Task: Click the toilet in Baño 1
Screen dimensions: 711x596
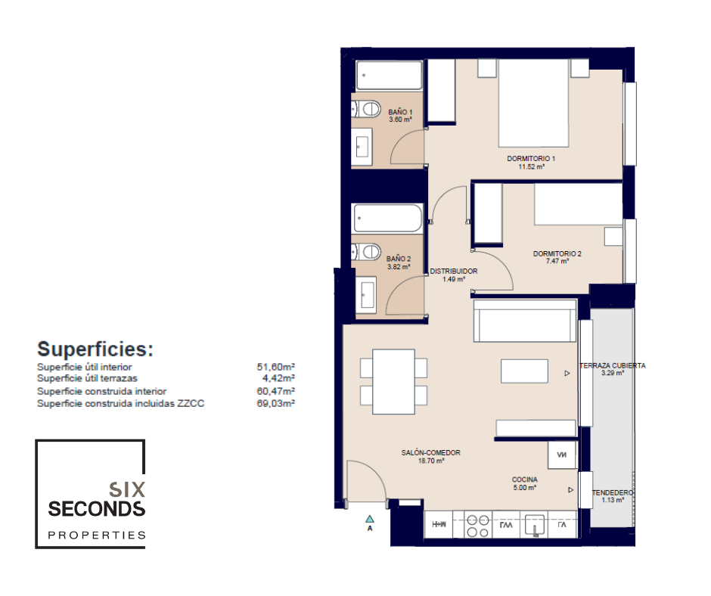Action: point(367,109)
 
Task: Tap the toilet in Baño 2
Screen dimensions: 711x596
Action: point(367,251)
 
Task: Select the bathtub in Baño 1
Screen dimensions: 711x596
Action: point(389,76)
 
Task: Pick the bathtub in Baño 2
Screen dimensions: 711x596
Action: point(388,219)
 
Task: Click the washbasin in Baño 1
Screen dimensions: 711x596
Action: point(362,146)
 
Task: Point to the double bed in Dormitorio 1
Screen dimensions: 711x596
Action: point(533,104)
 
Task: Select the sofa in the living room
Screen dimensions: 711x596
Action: point(525,320)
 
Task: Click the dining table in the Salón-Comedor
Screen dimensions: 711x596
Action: point(393,381)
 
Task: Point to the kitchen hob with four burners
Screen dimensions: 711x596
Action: point(478,525)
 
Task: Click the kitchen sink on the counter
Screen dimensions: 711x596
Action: point(535,525)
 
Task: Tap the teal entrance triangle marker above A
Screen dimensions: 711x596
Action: point(370,519)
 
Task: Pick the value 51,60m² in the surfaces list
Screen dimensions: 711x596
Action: point(275,367)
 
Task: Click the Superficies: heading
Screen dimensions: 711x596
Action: point(95,349)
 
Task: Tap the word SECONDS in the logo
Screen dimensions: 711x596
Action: point(97,509)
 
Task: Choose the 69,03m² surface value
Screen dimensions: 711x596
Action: point(275,403)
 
